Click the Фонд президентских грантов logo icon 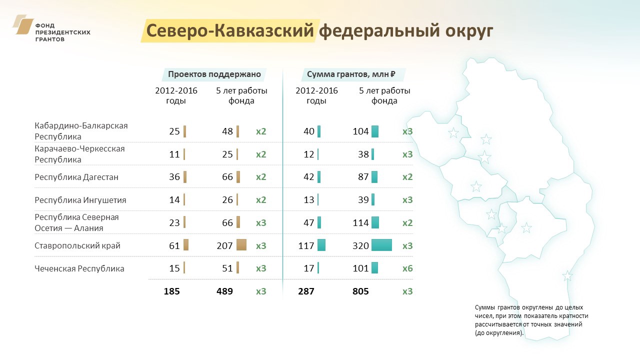pos(23,24)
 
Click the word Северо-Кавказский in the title pos(230,30)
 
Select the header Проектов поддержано pos(214,74)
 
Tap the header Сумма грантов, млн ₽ pos(351,74)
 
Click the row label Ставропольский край pos(77,245)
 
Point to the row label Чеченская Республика pos(79,268)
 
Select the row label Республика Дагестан pos(76,177)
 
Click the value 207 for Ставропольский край pos(224,245)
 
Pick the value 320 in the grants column pos(360,245)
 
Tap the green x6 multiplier pos(407,268)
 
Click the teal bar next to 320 pos(381,245)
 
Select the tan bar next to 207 pos(241,245)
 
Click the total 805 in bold pos(360,291)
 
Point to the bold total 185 pos(171,291)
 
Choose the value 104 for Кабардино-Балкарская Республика pos(360,131)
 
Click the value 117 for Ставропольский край pos(306,245)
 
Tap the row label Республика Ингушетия pos(80,200)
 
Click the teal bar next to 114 pos(375,222)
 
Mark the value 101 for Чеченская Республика pos(360,268)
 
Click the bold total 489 pos(224,291)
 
